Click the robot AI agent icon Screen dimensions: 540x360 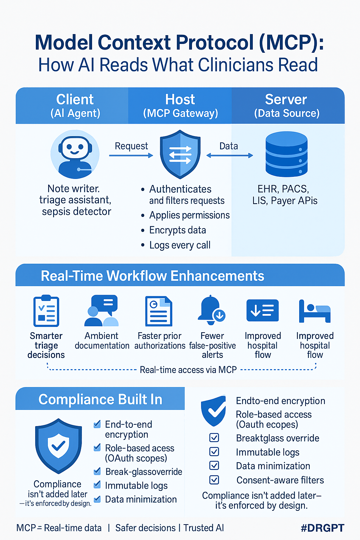coord(75,155)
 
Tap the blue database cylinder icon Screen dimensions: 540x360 coord(287,154)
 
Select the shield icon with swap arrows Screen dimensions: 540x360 coord(180,155)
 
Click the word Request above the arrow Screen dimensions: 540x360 coord(131,146)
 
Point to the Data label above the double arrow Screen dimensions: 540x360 coord(229,146)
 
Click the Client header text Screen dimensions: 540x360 coord(75,99)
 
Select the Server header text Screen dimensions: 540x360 coord(286,99)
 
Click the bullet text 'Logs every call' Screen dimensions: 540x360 coord(180,245)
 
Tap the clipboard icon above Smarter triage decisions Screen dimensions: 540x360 coord(46,311)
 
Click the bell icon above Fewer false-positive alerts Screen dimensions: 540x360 coord(211,310)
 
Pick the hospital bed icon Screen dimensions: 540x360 coord(315,311)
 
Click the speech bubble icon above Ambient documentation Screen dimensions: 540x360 coord(102,311)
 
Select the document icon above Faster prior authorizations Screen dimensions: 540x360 coord(159,311)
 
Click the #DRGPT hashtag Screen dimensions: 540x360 coord(322,528)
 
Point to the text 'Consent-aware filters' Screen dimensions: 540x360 coord(280,480)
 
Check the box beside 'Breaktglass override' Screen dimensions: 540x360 coord(214,438)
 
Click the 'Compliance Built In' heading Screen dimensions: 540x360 coord(100,399)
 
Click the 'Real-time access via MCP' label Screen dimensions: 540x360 coord(188,370)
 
